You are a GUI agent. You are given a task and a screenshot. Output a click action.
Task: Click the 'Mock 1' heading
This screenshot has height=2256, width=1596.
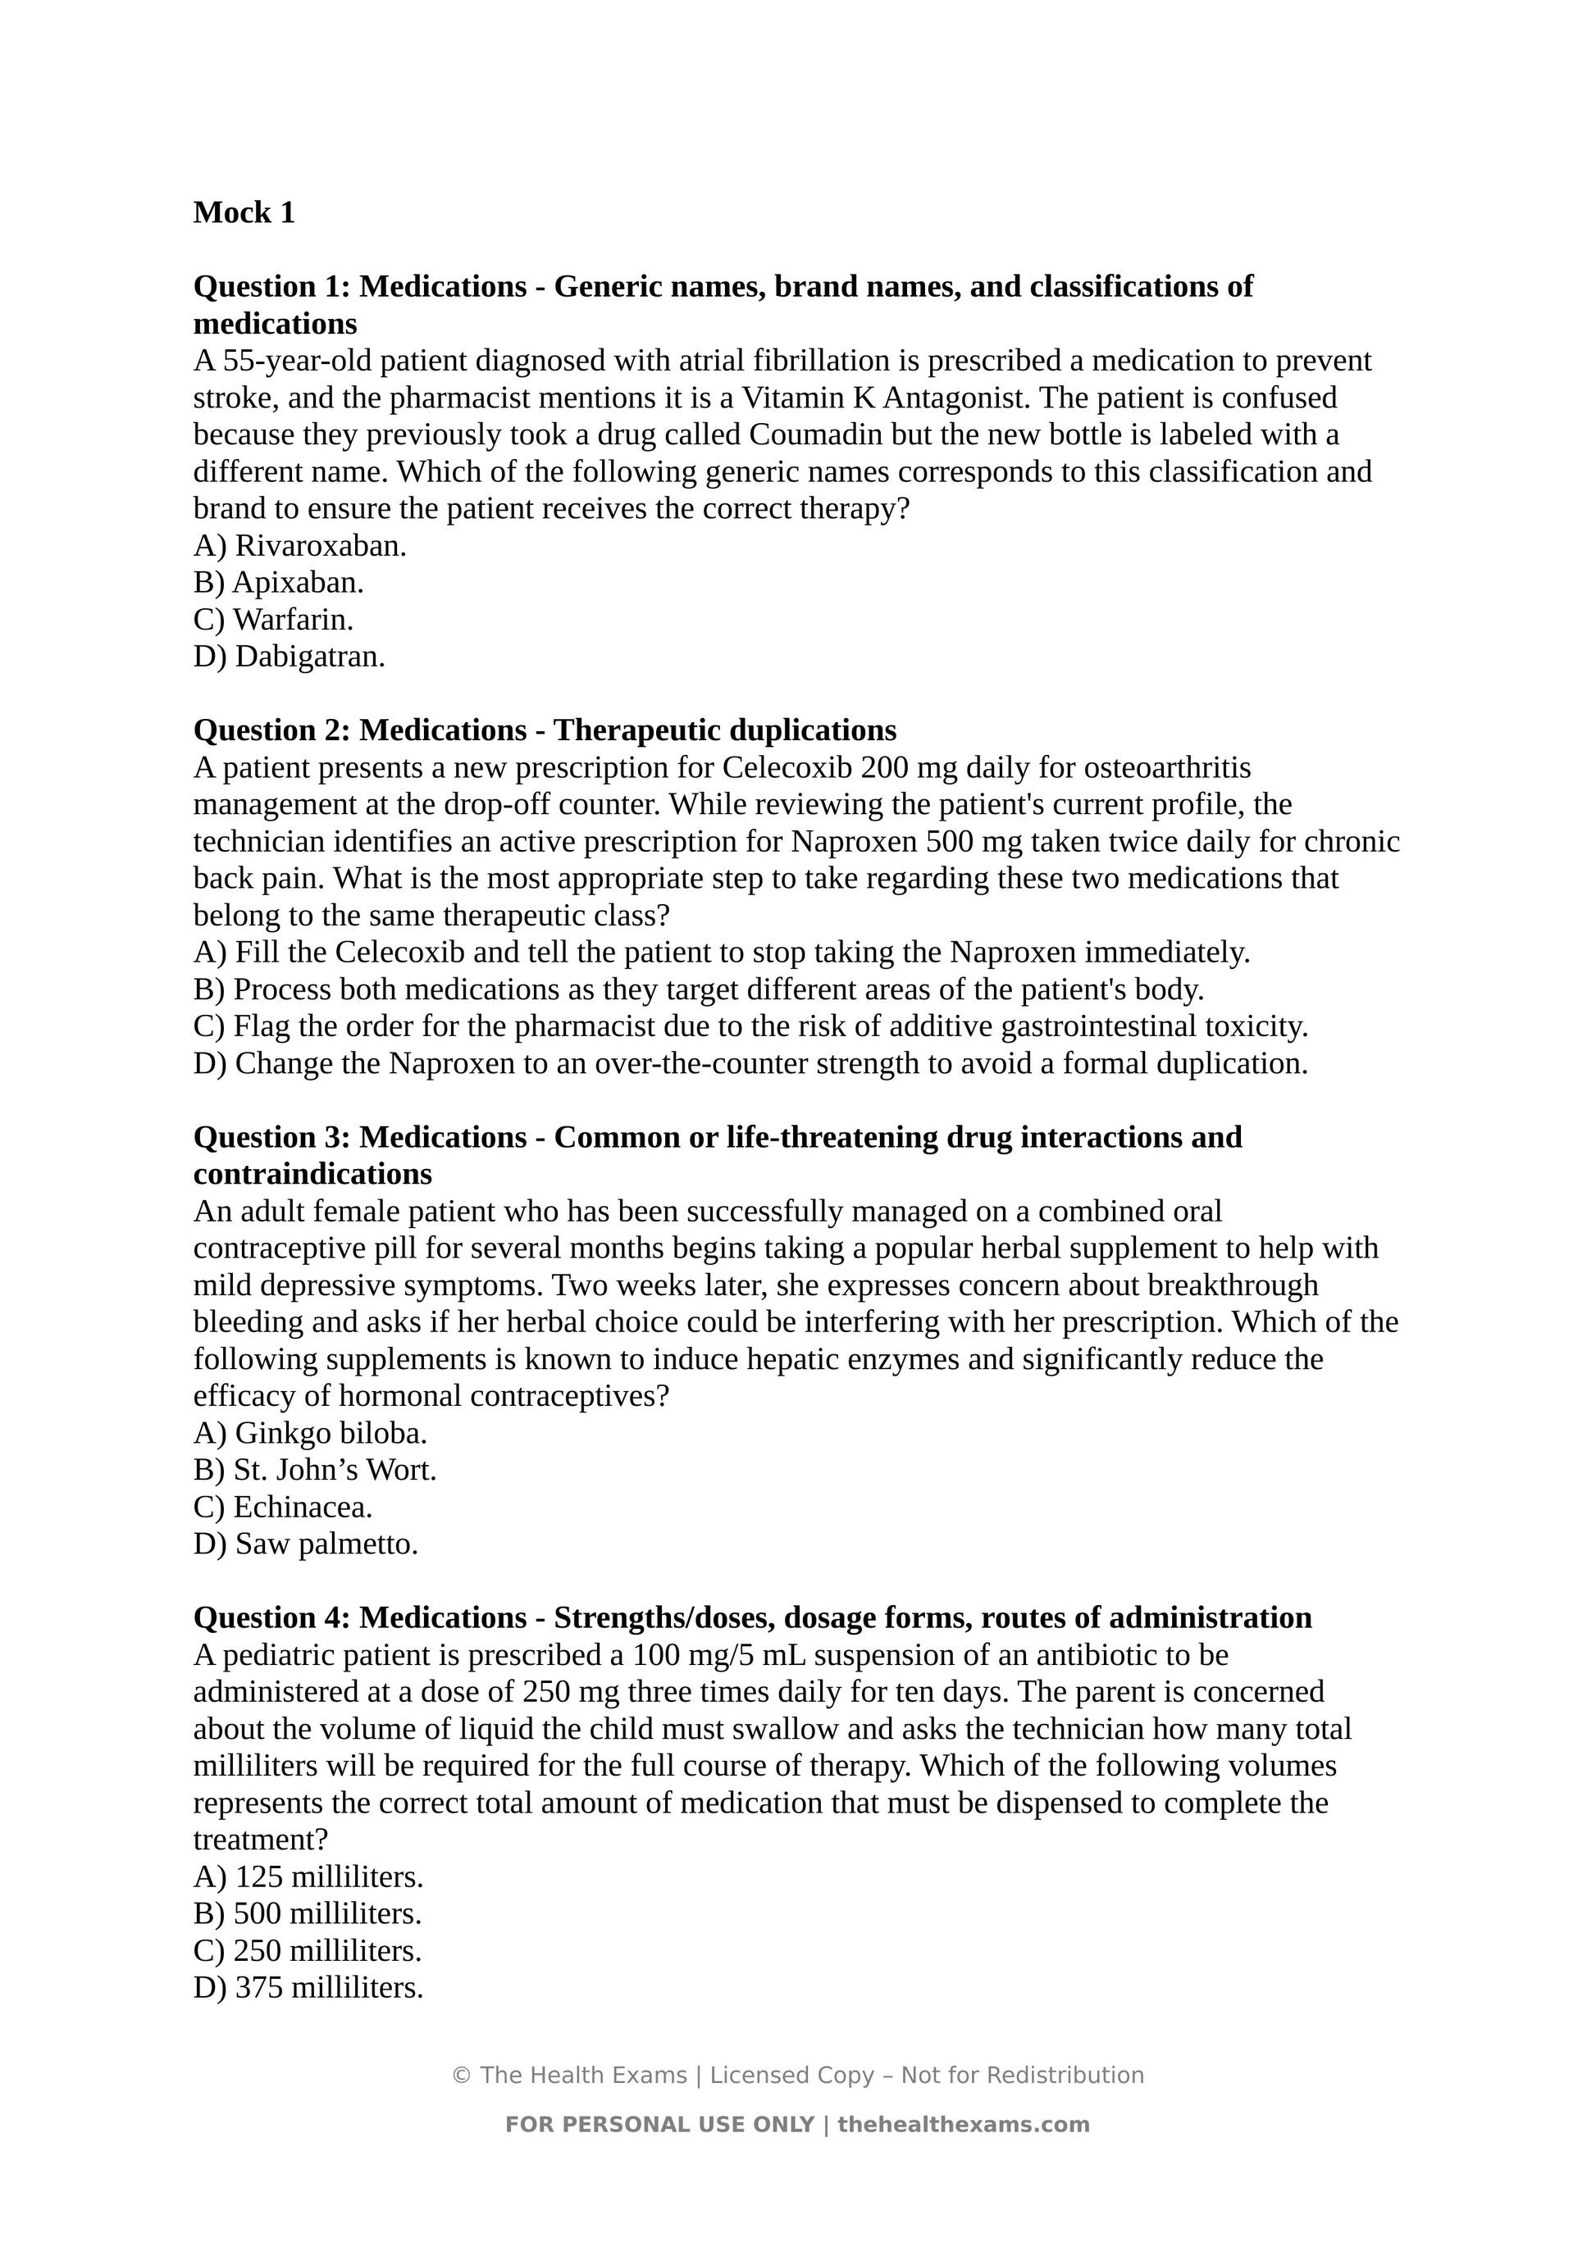click(x=244, y=212)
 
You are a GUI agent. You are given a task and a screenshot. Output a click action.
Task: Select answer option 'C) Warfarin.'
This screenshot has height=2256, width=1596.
click(x=273, y=620)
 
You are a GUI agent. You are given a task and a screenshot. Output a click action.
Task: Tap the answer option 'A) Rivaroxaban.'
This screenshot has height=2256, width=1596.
click(x=299, y=546)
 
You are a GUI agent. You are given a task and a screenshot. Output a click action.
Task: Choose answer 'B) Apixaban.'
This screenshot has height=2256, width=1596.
click(x=278, y=583)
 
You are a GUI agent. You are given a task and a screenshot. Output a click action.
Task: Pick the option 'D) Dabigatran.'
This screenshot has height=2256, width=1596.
click(x=289, y=657)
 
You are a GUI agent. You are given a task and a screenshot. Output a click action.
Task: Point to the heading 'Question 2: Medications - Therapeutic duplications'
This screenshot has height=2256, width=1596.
click(x=545, y=730)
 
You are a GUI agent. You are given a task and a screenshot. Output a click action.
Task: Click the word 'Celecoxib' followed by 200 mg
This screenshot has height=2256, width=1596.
click(x=787, y=767)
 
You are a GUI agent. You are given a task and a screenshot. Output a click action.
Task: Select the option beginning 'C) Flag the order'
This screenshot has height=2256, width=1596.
click(x=750, y=1027)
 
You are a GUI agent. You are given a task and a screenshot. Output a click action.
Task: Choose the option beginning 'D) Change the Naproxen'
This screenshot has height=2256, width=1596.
click(x=750, y=1063)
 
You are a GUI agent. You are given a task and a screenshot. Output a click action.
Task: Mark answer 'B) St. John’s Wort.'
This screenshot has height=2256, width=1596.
click(x=314, y=1470)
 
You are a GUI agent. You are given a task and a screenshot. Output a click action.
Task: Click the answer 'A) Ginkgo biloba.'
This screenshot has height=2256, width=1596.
click(x=309, y=1434)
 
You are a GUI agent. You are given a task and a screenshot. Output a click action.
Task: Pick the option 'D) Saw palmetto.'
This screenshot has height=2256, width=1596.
click(x=306, y=1544)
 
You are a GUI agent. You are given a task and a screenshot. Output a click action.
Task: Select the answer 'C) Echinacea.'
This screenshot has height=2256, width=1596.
click(x=283, y=1508)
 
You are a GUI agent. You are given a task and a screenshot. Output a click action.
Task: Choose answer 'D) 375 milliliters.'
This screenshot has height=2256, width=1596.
click(x=308, y=1988)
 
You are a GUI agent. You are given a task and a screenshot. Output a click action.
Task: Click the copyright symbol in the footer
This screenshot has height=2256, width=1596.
click(x=460, y=2075)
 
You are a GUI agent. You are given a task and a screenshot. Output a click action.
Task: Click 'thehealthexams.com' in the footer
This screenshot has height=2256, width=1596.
click(x=963, y=2124)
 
